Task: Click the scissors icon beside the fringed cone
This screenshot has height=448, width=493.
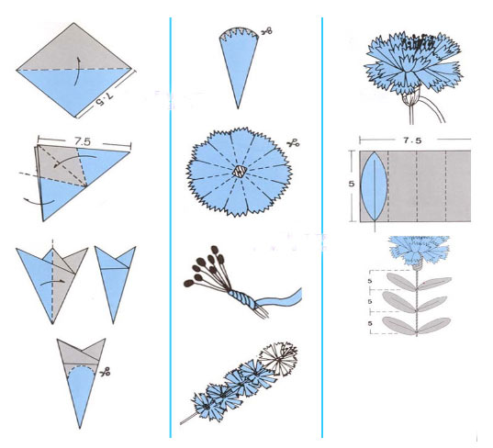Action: pos(267,31)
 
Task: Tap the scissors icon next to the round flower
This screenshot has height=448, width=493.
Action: pos(293,144)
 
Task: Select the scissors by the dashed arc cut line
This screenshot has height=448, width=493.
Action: pos(105,372)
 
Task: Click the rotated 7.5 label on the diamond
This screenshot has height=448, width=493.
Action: pos(105,99)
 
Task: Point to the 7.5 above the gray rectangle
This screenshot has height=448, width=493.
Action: pos(412,140)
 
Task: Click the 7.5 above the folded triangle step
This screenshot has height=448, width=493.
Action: pos(83,141)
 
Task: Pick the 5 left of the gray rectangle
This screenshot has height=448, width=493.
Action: pos(352,184)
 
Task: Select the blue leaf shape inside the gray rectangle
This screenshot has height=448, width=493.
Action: pos(374,186)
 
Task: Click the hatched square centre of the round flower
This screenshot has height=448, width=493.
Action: pos(241,172)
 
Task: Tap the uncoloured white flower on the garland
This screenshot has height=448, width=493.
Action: pos(278,359)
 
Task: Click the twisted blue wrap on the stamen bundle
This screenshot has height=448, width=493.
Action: pos(241,299)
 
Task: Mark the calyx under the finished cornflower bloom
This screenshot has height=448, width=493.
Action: pos(410,96)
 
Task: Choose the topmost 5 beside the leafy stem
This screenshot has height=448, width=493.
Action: pos(370,281)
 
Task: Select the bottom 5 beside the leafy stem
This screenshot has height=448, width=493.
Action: pos(370,323)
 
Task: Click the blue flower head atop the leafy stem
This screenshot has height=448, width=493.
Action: pos(418,251)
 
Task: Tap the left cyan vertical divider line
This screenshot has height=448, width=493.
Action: pos(171,228)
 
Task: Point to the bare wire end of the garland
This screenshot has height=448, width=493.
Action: pos(188,419)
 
